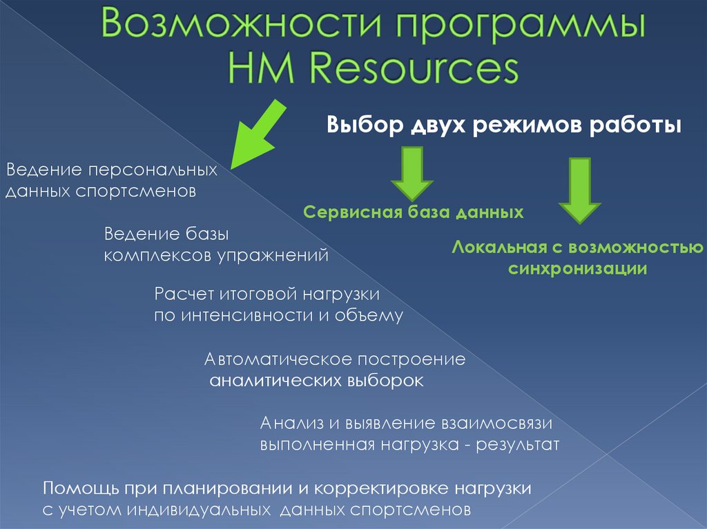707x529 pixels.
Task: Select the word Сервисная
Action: tap(353, 212)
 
